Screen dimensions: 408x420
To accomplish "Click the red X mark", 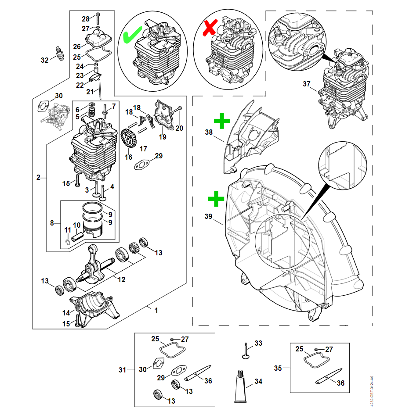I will click(210, 28).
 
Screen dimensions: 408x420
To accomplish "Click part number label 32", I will click(44, 60).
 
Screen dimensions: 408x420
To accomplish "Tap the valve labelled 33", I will click(246, 351).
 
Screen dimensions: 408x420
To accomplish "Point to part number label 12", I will click(121, 279).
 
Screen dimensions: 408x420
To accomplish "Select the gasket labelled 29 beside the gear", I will click(141, 165).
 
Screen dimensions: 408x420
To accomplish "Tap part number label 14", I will click(65, 313).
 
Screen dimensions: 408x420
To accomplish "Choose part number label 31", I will click(123, 370).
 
